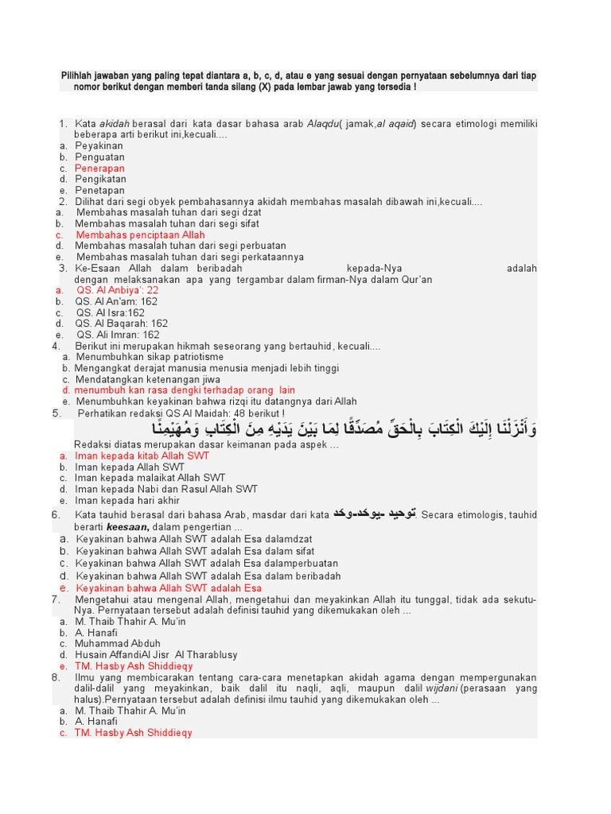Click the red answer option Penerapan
pyautogui.click(x=99, y=169)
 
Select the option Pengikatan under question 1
pyautogui.click(x=100, y=180)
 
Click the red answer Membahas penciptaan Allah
pyautogui.click(x=140, y=235)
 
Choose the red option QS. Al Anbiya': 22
pyautogui.click(x=117, y=291)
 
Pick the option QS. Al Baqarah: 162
pyautogui.click(x=121, y=324)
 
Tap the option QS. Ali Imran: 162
pyautogui.click(x=117, y=335)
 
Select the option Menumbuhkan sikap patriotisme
pyautogui.click(x=150, y=358)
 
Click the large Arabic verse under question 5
pyautogui.click(x=344, y=429)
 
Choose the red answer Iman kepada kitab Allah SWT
pyautogui.click(x=142, y=456)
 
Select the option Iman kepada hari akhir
pyautogui.click(x=126, y=501)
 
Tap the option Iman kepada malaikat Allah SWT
pyautogui.click(x=150, y=479)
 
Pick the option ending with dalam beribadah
pyautogui.click(x=208, y=576)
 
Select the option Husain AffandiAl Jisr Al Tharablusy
pyautogui.click(x=156, y=655)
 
